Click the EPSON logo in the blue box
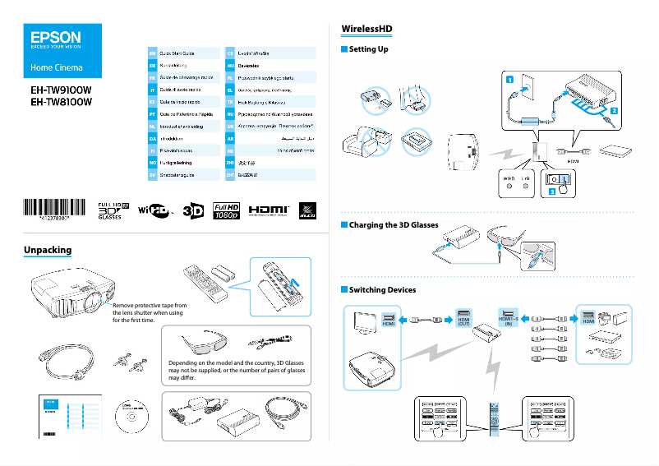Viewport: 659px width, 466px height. coord(56,37)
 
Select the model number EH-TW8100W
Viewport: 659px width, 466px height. coord(60,102)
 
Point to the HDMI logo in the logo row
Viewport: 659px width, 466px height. coord(269,210)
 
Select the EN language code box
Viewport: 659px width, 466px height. coord(152,52)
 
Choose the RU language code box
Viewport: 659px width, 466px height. coord(231,114)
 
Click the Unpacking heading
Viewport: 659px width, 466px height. coord(48,250)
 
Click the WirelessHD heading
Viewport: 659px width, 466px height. coord(366,30)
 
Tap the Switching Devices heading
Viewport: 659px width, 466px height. coord(382,290)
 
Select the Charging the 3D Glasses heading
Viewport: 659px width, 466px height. coord(394,224)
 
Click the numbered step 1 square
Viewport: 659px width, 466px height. coord(509,80)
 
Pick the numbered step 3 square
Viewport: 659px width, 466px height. coord(553,191)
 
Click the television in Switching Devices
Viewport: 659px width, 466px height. coord(363,321)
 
